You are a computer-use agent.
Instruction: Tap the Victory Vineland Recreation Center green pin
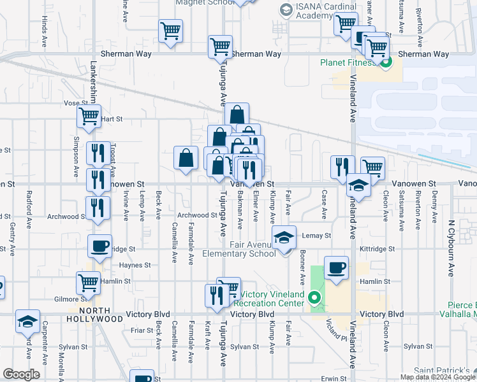pyautogui.click(x=314, y=297)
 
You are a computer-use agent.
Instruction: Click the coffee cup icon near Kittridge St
pyautogui.click(x=99, y=246)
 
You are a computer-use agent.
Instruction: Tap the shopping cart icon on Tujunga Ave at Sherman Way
pyautogui.click(x=220, y=46)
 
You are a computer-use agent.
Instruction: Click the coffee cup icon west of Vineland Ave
pyautogui.click(x=336, y=268)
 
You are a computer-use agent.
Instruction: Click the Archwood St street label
pyautogui.click(x=196, y=215)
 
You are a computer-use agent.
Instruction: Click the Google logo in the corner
pyautogui.click(x=21, y=374)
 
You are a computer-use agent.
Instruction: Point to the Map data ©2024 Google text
pyautogui.click(x=437, y=377)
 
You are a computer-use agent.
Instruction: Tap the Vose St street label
pyautogui.click(x=75, y=103)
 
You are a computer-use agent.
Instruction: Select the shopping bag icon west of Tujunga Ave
pyautogui.click(x=186, y=159)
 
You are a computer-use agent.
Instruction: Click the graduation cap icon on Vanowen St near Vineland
pyautogui.click(x=358, y=187)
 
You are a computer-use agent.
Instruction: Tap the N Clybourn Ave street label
pyautogui.click(x=450, y=248)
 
